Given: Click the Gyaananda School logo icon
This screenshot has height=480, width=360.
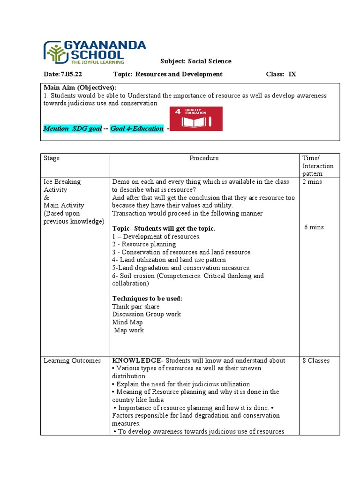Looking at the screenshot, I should (56, 52).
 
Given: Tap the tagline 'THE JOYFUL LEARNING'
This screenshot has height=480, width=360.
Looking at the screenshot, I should (97, 61).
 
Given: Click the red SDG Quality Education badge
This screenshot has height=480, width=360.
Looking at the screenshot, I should (196, 119).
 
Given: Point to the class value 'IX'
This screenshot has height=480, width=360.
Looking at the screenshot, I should (292, 74).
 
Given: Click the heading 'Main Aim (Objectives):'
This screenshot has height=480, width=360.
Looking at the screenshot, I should (80, 88).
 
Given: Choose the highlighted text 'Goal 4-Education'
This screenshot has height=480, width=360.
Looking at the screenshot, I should (137, 128).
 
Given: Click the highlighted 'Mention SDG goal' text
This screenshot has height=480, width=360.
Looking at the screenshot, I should (72, 128).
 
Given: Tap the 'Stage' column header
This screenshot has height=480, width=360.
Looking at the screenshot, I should (52, 158).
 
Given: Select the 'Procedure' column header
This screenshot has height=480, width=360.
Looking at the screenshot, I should (204, 158).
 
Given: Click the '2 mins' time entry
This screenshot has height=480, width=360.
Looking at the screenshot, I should (312, 182).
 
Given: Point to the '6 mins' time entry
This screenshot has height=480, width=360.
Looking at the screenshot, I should (314, 227).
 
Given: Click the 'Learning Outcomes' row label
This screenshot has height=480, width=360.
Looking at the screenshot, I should (72, 360).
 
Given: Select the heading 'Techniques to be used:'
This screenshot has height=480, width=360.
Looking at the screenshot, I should (147, 299).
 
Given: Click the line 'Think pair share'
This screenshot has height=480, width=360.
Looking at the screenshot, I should (135, 307).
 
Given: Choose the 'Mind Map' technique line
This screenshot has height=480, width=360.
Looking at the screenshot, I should (127, 322).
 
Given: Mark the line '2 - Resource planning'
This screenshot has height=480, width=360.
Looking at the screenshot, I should (144, 244).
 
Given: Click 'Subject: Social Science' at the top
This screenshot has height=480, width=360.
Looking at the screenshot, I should (195, 61).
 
